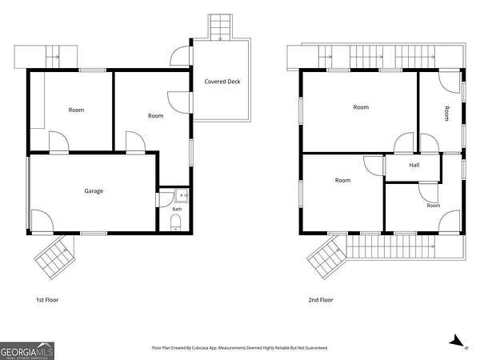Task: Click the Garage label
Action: (x=94, y=191)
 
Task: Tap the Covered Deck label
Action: (x=222, y=82)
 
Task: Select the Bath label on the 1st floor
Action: (x=177, y=209)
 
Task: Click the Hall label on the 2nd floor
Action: (x=414, y=166)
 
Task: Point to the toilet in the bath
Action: (x=175, y=222)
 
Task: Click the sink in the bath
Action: (x=182, y=195)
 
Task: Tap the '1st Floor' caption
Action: (x=47, y=300)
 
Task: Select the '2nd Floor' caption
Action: (x=321, y=300)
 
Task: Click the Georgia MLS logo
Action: (x=27, y=351)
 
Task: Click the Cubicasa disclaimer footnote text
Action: (x=240, y=348)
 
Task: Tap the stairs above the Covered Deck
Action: (x=220, y=27)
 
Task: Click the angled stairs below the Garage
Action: (x=55, y=257)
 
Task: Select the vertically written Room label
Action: (x=446, y=114)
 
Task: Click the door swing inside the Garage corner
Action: (x=42, y=221)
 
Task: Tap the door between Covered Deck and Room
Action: (x=180, y=102)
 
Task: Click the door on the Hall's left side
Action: (x=374, y=166)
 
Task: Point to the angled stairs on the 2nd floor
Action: (x=327, y=257)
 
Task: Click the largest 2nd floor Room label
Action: (x=361, y=107)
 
